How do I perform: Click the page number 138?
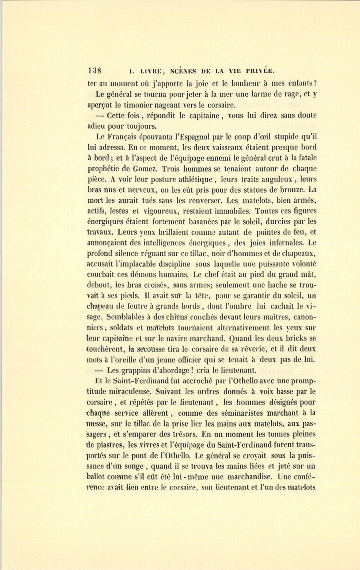[94, 71]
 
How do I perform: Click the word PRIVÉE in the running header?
[259, 71]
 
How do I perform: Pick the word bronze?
[294, 190]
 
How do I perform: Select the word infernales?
[285, 243]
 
